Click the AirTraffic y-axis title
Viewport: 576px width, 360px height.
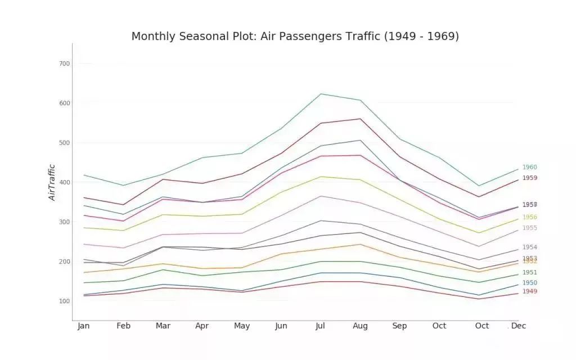coord(52,182)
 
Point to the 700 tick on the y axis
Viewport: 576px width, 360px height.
coord(64,64)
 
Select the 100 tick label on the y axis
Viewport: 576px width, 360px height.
coord(64,301)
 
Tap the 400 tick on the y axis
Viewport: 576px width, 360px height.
coord(64,182)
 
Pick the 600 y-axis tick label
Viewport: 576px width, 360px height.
coord(64,103)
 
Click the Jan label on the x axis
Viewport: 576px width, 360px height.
coord(83,326)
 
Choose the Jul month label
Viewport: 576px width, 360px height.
coord(321,326)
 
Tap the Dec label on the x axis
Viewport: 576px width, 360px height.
coord(519,326)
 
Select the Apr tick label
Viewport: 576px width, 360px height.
coord(202,326)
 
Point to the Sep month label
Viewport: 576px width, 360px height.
coord(399,326)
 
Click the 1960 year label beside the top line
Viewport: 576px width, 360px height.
coord(529,167)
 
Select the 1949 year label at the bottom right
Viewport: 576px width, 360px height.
coord(529,291)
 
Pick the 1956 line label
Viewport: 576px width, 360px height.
coord(529,217)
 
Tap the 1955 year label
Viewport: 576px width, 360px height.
coord(529,228)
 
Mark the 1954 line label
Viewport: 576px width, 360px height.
coord(529,247)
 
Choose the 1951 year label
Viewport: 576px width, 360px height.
coord(529,272)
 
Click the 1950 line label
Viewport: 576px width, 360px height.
coord(529,283)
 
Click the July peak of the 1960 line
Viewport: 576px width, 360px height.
coord(321,94)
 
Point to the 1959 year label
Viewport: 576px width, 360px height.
coord(529,178)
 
